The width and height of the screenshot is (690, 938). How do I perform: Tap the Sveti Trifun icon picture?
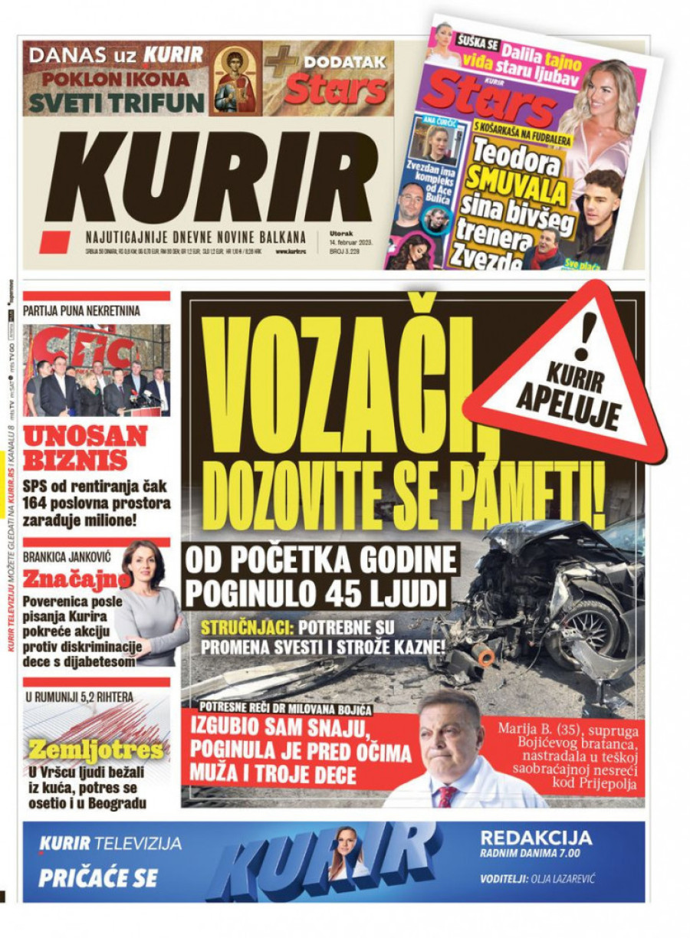click(x=235, y=79)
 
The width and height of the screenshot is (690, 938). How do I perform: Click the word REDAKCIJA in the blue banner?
click(x=536, y=838)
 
